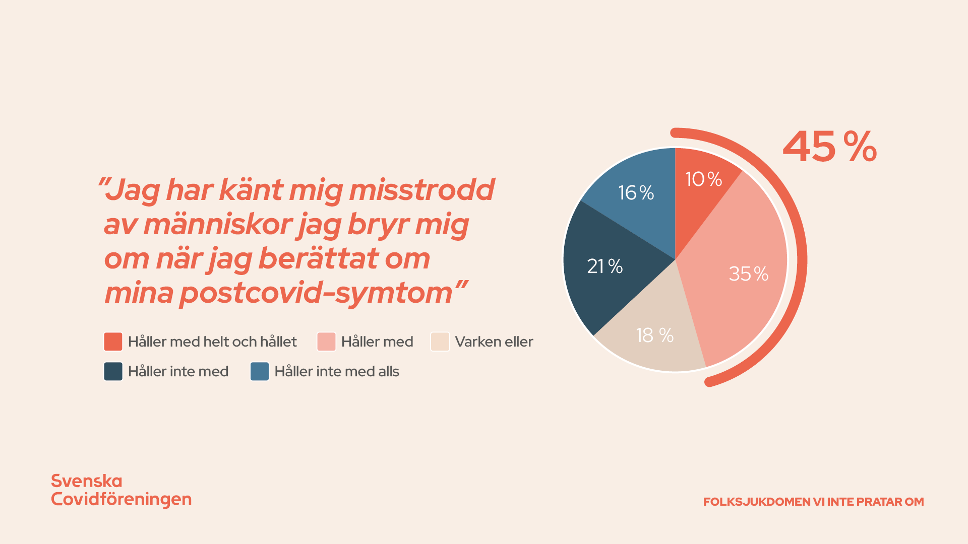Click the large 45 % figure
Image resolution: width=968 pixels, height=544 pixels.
tap(829, 147)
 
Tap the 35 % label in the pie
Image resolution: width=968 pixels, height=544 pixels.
tap(748, 274)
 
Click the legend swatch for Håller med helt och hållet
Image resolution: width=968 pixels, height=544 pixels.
tap(113, 342)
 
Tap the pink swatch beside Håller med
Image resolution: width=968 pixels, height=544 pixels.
tap(326, 342)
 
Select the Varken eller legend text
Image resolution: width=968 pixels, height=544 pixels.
tap(494, 342)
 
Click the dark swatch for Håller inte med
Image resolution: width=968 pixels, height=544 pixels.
tap(113, 371)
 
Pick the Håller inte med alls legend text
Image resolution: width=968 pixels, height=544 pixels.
tap(336, 371)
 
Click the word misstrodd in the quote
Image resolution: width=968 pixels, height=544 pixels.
tap(421, 190)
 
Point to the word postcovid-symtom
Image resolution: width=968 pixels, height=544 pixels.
tap(316, 293)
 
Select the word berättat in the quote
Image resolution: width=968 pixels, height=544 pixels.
tap(318, 258)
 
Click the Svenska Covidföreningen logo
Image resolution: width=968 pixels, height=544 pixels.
tap(121, 490)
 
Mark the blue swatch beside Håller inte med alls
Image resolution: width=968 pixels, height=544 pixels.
tap(260, 371)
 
